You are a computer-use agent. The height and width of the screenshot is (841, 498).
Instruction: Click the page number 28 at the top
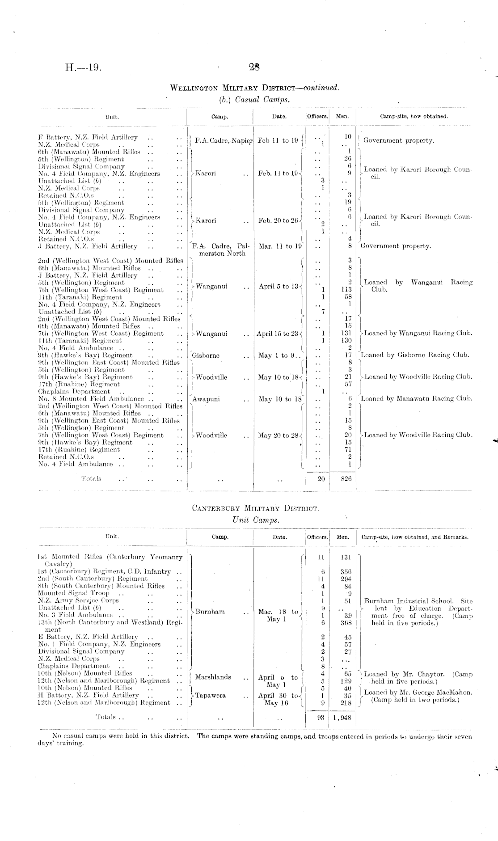tap(254, 68)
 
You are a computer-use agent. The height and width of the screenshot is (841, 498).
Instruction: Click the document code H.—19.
tap(84, 68)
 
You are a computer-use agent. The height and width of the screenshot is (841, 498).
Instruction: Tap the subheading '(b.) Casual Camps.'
tap(254, 100)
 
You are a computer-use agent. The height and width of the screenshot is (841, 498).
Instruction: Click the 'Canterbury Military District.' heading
tap(255, 508)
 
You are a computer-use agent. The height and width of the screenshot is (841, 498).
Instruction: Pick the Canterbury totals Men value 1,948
tap(342, 717)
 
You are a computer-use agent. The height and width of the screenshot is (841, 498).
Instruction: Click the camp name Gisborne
tap(206, 355)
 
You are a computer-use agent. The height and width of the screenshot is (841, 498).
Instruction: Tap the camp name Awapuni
tap(206, 399)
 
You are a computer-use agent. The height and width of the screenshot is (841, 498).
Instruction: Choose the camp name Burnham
tap(210, 612)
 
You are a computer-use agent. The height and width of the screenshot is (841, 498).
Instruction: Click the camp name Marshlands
tap(213, 677)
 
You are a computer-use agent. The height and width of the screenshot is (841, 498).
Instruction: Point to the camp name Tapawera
tap(212, 696)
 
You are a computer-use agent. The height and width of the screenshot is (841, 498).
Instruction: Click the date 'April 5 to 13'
tap(278, 287)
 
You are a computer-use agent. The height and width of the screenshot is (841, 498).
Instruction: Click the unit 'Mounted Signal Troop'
tap(74, 593)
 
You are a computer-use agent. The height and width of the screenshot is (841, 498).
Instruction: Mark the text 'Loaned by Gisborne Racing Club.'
tap(415, 355)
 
